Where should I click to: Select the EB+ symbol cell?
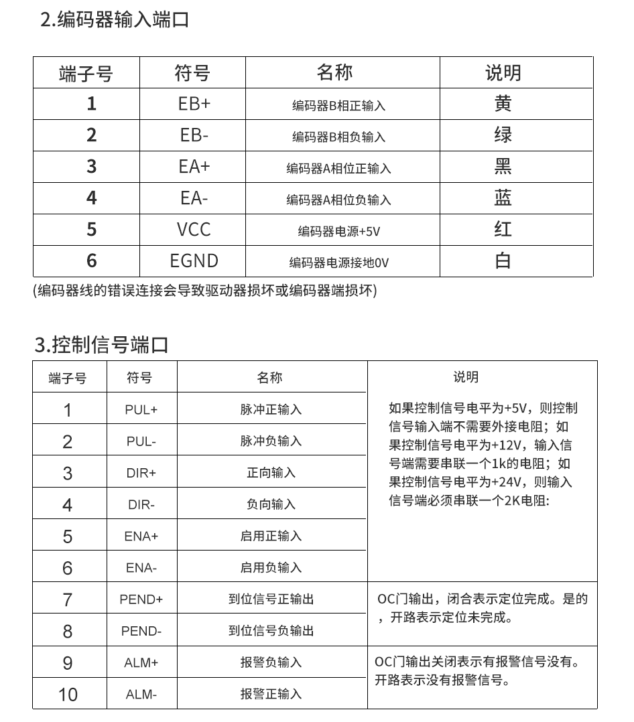(x=194, y=104)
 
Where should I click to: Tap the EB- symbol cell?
(x=194, y=135)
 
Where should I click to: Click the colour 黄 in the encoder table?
(x=503, y=104)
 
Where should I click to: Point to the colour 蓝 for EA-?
(x=503, y=198)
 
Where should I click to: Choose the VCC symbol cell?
(x=194, y=230)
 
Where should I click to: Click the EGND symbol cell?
(x=194, y=261)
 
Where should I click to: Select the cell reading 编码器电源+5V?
(x=339, y=232)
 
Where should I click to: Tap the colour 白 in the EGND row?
(x=503, y=261)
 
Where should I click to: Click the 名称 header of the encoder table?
(x=335, y=72)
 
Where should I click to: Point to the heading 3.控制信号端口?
(x=101, y=346)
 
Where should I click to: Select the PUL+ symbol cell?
(x=141, y=410)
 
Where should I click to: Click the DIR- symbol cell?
(x=141, y=505)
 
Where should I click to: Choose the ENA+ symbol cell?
(x=141, y=536)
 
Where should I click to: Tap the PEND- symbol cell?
(x=141, y=632)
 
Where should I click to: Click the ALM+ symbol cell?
(x=141, y=663)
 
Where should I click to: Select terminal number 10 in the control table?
(x=68, y=695)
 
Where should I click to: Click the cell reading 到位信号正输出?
(x=271, y=599)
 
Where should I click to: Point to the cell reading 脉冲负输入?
(x=271, y=441)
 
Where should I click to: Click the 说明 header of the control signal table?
(x=466, y=378)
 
